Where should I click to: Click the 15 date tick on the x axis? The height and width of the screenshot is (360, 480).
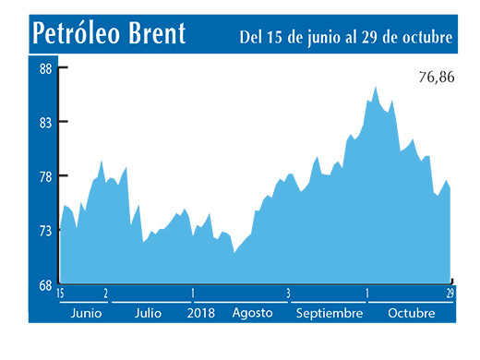click(60, 294)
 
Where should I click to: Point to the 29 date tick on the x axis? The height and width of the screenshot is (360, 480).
click(450, 294)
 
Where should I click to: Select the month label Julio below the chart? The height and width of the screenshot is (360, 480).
click(148, 313)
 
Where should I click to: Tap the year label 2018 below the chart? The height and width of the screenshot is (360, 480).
click(201, 313)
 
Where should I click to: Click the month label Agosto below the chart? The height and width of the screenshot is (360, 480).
click(252, 313)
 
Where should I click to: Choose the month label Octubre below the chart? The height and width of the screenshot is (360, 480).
click(412, 313)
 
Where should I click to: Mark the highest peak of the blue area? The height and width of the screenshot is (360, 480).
click(375, 87)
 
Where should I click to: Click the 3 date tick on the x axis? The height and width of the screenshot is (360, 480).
click(289, 294)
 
